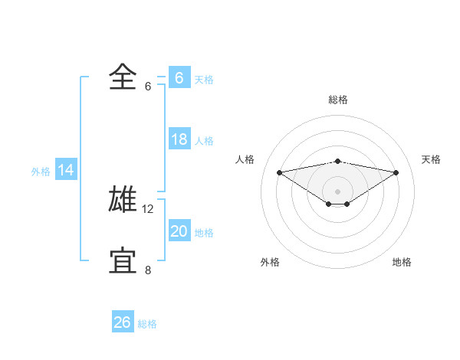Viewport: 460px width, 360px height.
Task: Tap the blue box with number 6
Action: [x=179, y=78]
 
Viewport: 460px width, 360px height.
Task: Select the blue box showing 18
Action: [x=179, y=139]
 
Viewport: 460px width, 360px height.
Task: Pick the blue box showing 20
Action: [x=179, y=231]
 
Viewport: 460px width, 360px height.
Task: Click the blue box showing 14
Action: [x=66, y=170]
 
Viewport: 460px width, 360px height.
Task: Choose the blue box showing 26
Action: [x=122, y=322]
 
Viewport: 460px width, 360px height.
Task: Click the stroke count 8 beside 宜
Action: [x=148, y=270]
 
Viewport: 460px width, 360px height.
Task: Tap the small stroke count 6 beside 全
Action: [x=148, y=86]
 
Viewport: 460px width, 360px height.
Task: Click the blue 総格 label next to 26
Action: [x=147, y=324]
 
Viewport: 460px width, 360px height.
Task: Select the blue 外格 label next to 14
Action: [x=41, y=172]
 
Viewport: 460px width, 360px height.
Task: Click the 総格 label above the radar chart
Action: [x=337, y=100]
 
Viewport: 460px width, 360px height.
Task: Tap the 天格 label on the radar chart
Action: [x=431, y=159]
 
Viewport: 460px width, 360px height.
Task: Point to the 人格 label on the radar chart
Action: [x=245, y=159]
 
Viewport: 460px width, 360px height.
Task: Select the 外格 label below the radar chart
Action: [x=269, y=262]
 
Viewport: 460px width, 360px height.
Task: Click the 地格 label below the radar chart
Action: [x=402, y=262]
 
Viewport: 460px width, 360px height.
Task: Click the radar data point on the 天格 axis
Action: [x=396, y=172]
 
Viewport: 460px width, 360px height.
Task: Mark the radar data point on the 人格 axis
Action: [x=279, y=172]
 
